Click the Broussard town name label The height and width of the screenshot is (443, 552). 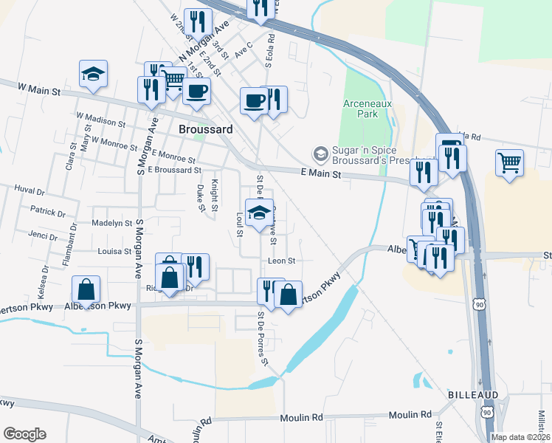pos(206,129)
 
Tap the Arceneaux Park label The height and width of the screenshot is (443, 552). pos(360,109)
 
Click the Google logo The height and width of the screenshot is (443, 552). pos(24,434)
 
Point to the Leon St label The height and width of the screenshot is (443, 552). pos(281,261)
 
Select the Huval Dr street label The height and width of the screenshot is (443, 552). pos(29,190)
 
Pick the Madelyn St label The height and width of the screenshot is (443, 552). pos(111,222)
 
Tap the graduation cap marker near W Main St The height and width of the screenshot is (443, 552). pos(94,74)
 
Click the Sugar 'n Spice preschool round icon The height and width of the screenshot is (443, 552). pos(320,154)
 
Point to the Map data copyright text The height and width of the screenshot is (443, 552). pos(520,437)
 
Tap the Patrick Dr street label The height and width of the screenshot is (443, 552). pos(48,210)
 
